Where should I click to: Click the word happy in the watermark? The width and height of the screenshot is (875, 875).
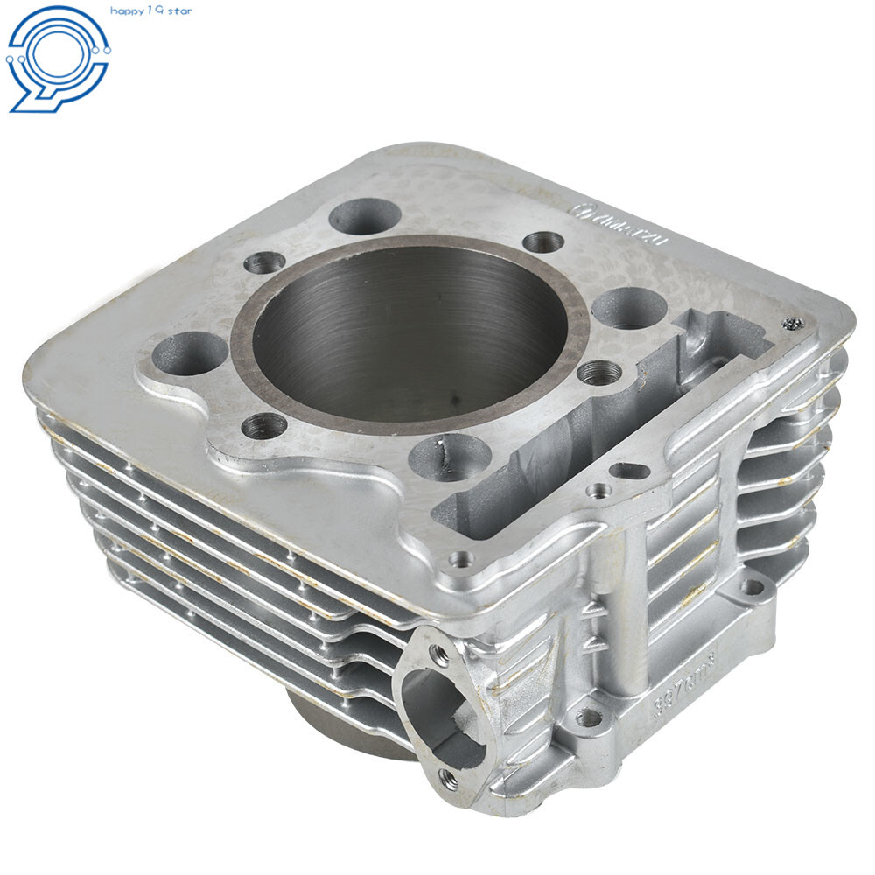(128, 10)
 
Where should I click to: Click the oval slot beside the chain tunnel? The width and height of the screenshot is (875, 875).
(629, 471)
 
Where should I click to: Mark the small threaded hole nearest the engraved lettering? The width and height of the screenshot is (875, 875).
(542, 242)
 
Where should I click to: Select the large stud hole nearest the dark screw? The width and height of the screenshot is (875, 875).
(628, 307)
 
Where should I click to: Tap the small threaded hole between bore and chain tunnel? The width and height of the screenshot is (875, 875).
(599, 373)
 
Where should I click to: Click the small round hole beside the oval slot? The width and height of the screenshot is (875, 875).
(598, 491)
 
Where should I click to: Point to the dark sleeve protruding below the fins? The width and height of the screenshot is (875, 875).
(332, 722)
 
